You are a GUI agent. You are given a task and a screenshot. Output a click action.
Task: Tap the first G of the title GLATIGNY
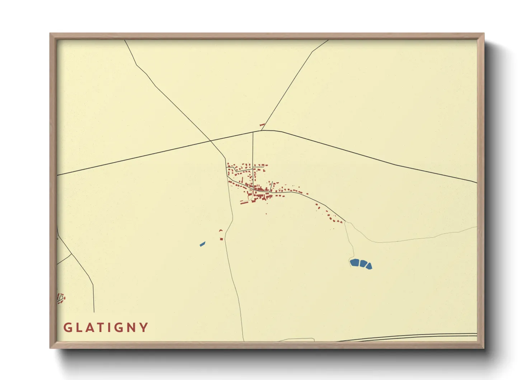67,328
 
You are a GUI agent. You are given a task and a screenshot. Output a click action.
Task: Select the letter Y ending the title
144,328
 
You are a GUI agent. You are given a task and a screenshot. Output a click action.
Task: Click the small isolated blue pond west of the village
202,244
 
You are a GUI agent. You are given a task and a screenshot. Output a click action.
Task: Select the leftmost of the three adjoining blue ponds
354,263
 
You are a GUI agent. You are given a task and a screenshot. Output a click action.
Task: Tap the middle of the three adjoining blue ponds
363,264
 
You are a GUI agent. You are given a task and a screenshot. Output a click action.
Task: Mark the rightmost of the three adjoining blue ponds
369,266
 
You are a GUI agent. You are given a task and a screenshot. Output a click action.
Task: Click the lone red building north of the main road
262,125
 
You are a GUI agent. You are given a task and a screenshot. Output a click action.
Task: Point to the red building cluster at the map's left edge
61,298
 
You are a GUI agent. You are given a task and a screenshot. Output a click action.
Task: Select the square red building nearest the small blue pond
221,239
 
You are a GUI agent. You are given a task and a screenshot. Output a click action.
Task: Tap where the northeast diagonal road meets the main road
262,130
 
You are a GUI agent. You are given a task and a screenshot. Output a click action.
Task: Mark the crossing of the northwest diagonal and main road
211,140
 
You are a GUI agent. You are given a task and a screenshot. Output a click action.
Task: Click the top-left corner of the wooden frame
51,34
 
